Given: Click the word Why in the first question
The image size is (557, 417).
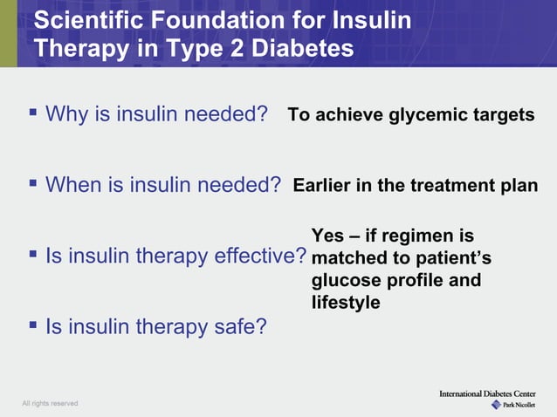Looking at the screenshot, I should tap(67, 114).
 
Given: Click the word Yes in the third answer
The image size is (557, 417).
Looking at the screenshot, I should tap(327, 236).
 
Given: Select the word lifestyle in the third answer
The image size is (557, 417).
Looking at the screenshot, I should tap(346, 303).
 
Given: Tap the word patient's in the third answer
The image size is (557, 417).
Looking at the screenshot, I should tap(453, 258).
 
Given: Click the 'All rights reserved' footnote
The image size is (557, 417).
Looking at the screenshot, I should tap(50, 403).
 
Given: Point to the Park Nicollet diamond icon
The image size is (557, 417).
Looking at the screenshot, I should tap(496, 405).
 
